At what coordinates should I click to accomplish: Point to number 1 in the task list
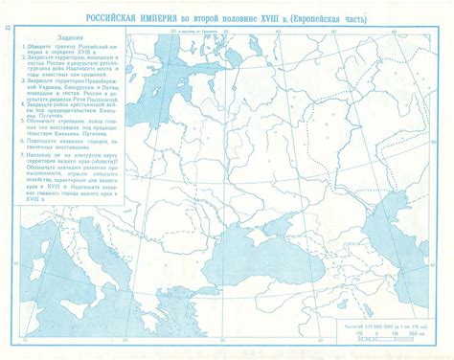point(22,48)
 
